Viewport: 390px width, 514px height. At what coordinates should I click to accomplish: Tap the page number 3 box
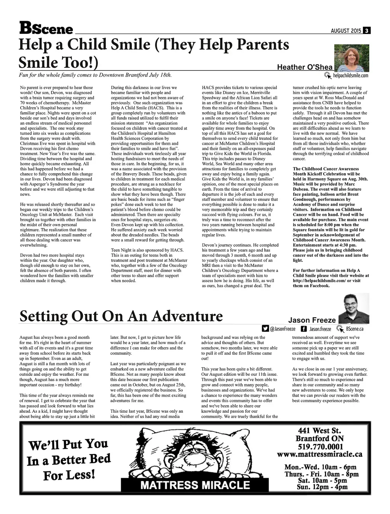click(366, 31)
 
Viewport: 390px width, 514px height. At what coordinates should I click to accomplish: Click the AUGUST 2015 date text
click(346, 31)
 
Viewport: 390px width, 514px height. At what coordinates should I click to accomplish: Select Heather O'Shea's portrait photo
click(351, 58)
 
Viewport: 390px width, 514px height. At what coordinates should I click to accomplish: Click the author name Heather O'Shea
click(305, 67)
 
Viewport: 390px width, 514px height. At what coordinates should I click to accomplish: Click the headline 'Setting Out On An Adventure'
click(121, 316)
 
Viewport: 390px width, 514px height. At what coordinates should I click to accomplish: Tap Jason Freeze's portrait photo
click(353, 308)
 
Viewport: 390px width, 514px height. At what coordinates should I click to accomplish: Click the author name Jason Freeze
click(312, 320)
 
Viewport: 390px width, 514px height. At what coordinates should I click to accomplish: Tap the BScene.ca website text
click(355, 329)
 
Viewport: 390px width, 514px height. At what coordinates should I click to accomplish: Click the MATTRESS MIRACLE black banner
click(195, 485)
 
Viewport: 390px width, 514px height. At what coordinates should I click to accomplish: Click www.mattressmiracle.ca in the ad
click(320, 454)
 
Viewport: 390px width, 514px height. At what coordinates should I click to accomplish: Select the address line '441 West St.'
click(320, 431)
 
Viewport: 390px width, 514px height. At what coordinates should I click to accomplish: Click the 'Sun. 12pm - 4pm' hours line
click(322, 487)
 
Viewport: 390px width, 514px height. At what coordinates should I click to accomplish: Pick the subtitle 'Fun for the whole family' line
click(95, 75)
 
